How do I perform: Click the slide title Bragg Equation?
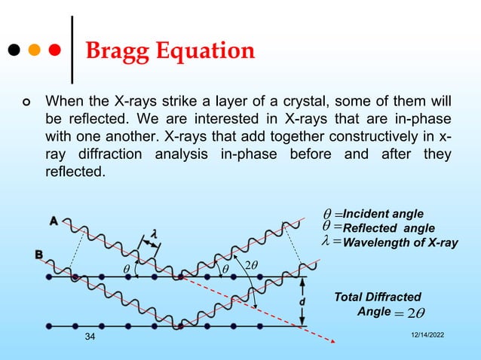pos(170,51)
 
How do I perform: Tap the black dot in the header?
pos(14,52)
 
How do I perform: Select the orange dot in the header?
pos(34,52)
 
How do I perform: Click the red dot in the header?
pos(54,52)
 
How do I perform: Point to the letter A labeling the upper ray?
pos(54,221)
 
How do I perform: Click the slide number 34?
pos(90,343)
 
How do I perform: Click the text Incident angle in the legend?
pos(383,214)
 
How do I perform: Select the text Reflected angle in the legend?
pos(388,227)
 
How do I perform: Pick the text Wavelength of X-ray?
pos(400,242)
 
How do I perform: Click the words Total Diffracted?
pos(378,297)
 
